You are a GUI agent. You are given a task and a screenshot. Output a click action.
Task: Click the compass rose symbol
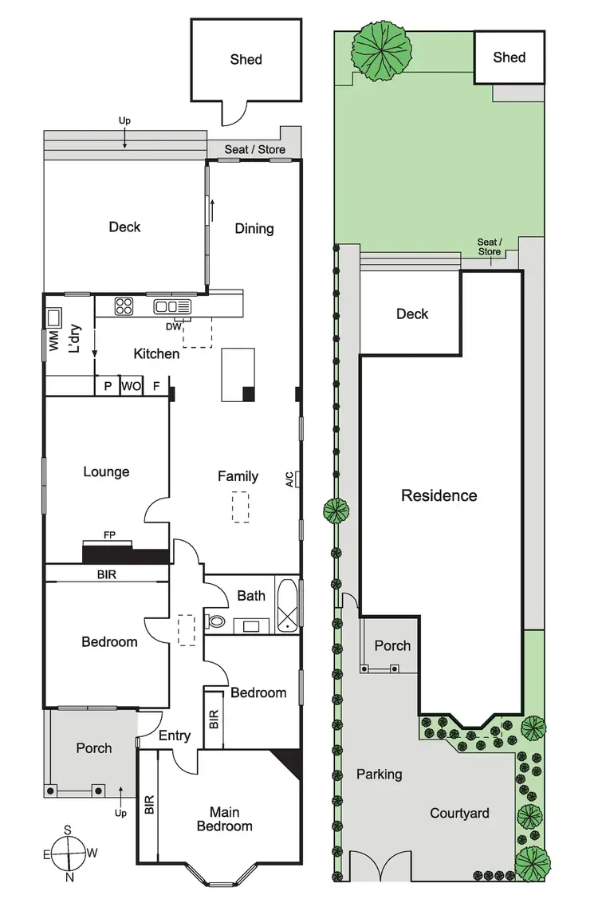click(x=68, y=853)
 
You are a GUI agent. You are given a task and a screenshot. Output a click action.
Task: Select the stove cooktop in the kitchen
click(x=125, y=306)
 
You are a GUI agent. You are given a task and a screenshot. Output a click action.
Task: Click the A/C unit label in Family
click(x=289, y=479)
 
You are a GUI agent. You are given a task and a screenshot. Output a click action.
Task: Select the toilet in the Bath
click(x=216, y=621)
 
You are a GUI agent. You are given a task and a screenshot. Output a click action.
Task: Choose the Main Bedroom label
click(x=225, y=819)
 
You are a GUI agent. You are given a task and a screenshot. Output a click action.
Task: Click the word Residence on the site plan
click(x=439, y=495)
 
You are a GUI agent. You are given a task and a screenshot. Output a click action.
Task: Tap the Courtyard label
click(x=459, y=813)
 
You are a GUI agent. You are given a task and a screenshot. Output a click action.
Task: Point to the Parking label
click(x=379, y=774)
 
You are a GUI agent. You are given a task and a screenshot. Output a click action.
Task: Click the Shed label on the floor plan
click(x=246, y=59)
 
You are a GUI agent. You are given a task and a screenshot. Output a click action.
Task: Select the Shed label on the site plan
click(x=509, y=57)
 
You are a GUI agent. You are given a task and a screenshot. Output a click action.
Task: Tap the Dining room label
click(x=254, y=228)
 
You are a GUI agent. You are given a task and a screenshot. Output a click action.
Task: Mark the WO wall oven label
click(x=130, y=386)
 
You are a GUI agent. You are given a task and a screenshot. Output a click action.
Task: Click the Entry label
click(x=175, y=735)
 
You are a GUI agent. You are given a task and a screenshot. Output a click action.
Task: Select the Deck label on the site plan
click(x=412, y=313)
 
